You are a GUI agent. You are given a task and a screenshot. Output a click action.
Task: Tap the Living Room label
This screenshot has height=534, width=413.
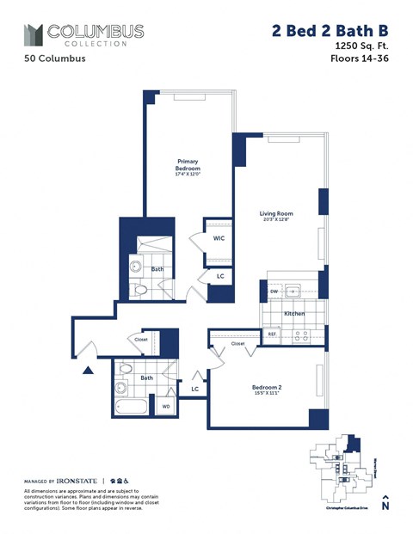point(277,213)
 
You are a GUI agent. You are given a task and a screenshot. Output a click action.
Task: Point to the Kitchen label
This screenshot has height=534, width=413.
point(295,314)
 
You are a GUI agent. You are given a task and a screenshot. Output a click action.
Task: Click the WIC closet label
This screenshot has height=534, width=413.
point(219,238)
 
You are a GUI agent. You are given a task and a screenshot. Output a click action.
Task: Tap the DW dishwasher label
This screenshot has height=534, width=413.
point(274,291)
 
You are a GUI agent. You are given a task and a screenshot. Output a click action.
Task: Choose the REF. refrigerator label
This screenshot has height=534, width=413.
point(272,334)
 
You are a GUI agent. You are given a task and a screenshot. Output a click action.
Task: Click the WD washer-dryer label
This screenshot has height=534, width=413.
point(165,404)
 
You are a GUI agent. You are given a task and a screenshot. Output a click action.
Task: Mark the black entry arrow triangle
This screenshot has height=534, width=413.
point(88,371)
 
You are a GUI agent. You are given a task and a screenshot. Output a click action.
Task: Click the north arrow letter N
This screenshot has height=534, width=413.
point(385,506)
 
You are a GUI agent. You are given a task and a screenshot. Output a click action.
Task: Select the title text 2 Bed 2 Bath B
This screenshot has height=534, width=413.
point(326,31)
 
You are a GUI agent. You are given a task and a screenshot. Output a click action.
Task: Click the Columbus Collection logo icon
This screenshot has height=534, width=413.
point(34,34)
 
